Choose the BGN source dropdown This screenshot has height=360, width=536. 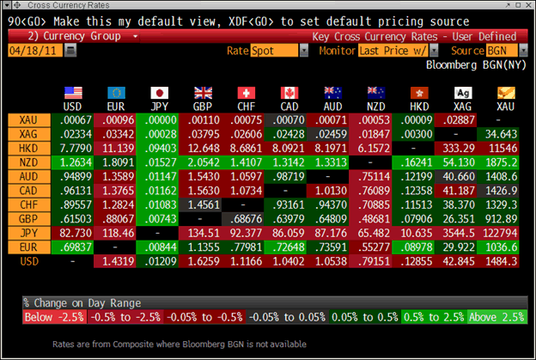495,51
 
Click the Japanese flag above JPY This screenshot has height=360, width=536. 159,92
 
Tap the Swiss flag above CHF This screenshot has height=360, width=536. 247,92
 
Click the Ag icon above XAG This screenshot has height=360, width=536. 462,92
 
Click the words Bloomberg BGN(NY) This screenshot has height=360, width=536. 474,64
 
